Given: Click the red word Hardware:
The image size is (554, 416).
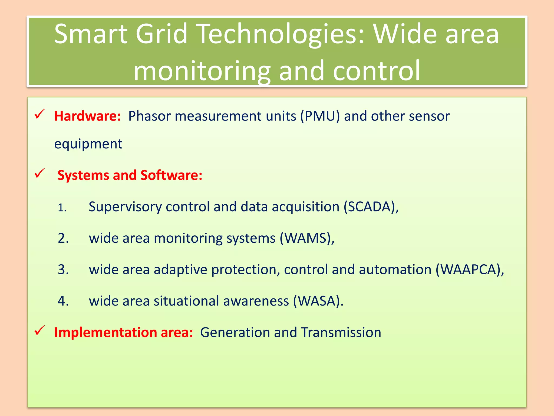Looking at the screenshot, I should point(87,116).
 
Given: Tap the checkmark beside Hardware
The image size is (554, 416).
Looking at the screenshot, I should point(39,114).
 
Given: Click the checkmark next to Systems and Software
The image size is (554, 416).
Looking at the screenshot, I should point(39,173).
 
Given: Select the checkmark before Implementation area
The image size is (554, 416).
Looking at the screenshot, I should point(39,330).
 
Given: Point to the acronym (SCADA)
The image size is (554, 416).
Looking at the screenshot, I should point(371,207).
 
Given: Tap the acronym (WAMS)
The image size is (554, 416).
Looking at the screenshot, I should point(307,238).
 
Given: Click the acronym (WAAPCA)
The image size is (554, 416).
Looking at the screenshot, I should point(470,270).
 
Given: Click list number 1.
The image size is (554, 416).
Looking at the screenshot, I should point(62,208).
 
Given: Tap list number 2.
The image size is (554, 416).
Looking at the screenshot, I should point(63,239).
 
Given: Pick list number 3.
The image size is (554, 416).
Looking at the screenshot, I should point(63,270).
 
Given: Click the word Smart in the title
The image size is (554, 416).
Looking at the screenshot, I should point(91,34).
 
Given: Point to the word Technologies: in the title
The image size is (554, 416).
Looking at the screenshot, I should point(281,34).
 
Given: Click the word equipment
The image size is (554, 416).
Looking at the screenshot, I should point(88,144).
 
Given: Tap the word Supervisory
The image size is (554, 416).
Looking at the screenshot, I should point(125,207).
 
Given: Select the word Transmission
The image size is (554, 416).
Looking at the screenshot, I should point(341,333).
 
